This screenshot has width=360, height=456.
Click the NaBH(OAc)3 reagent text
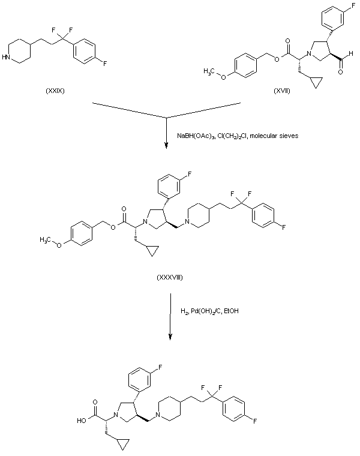(196, 136)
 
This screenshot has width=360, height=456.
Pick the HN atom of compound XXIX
(7, 58)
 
